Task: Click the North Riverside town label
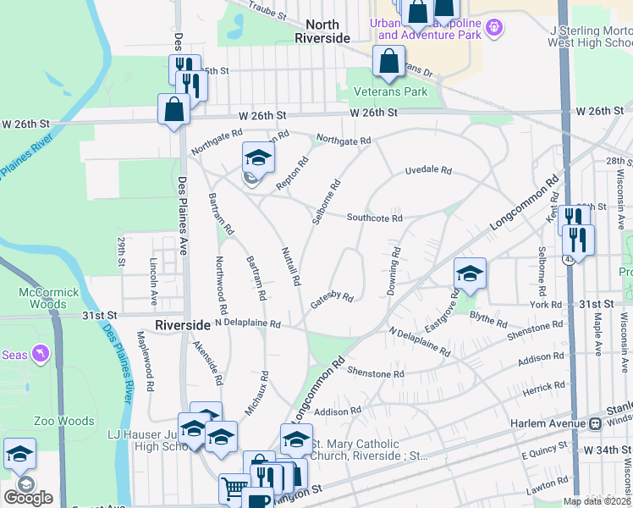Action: pos(322,32)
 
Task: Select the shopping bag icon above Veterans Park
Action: pos(388,61)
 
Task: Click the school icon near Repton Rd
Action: pos(259,157)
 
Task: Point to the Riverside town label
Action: pos(182,325)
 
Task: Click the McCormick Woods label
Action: pos(50,298)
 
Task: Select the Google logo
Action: pos(28,498)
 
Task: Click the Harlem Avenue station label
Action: pos(548,422)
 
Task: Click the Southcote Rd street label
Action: pos(374,218)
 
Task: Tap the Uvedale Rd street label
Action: pos(428,170)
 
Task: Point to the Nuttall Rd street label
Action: pos(291,265)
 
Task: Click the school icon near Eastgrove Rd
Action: pos(470,273)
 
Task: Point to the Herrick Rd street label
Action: pos(543,386)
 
